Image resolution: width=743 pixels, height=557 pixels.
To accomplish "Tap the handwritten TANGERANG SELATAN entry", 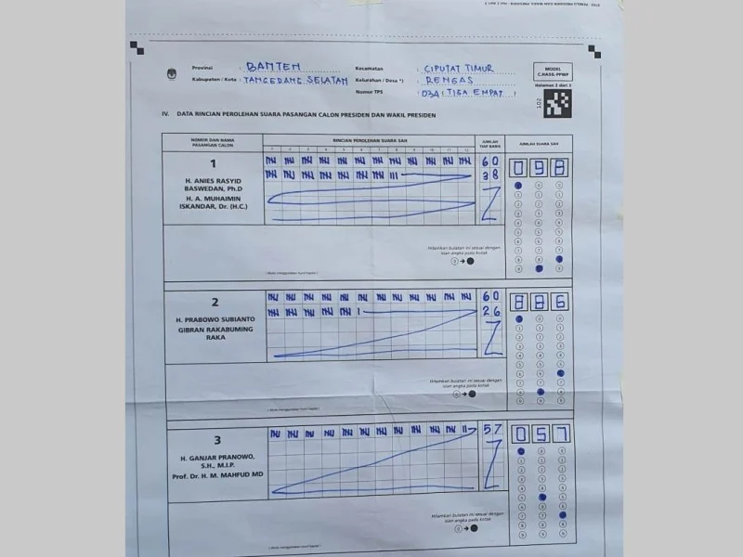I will (294, 81).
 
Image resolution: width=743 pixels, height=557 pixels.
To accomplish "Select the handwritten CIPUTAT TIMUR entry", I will (458, 69).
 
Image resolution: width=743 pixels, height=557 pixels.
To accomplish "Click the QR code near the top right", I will (555, 100).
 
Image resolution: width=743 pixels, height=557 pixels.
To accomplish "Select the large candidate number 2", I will (214, 303).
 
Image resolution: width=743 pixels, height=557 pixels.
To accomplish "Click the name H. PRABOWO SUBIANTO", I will (214, 319).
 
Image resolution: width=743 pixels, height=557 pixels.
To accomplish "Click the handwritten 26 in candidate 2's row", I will (490, 312).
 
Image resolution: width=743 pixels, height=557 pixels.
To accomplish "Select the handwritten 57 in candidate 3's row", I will (491, 430).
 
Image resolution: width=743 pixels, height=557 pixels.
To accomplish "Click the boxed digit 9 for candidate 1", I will (540, 167).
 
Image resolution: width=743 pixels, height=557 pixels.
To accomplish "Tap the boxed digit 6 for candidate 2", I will (560, 302).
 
